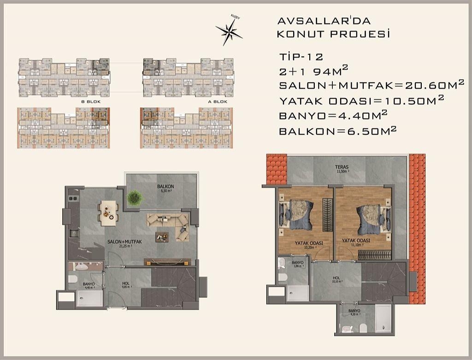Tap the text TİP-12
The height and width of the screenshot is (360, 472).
tap(301, 57)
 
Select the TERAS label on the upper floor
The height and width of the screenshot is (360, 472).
tap(342, 168)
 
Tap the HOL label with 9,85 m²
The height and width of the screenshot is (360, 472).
tap(125, 284)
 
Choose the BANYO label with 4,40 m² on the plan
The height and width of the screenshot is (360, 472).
tap(88, 285)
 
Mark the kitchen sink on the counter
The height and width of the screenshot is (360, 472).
tap(74, 233)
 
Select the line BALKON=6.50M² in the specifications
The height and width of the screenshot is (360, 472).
tap(338, 131)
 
